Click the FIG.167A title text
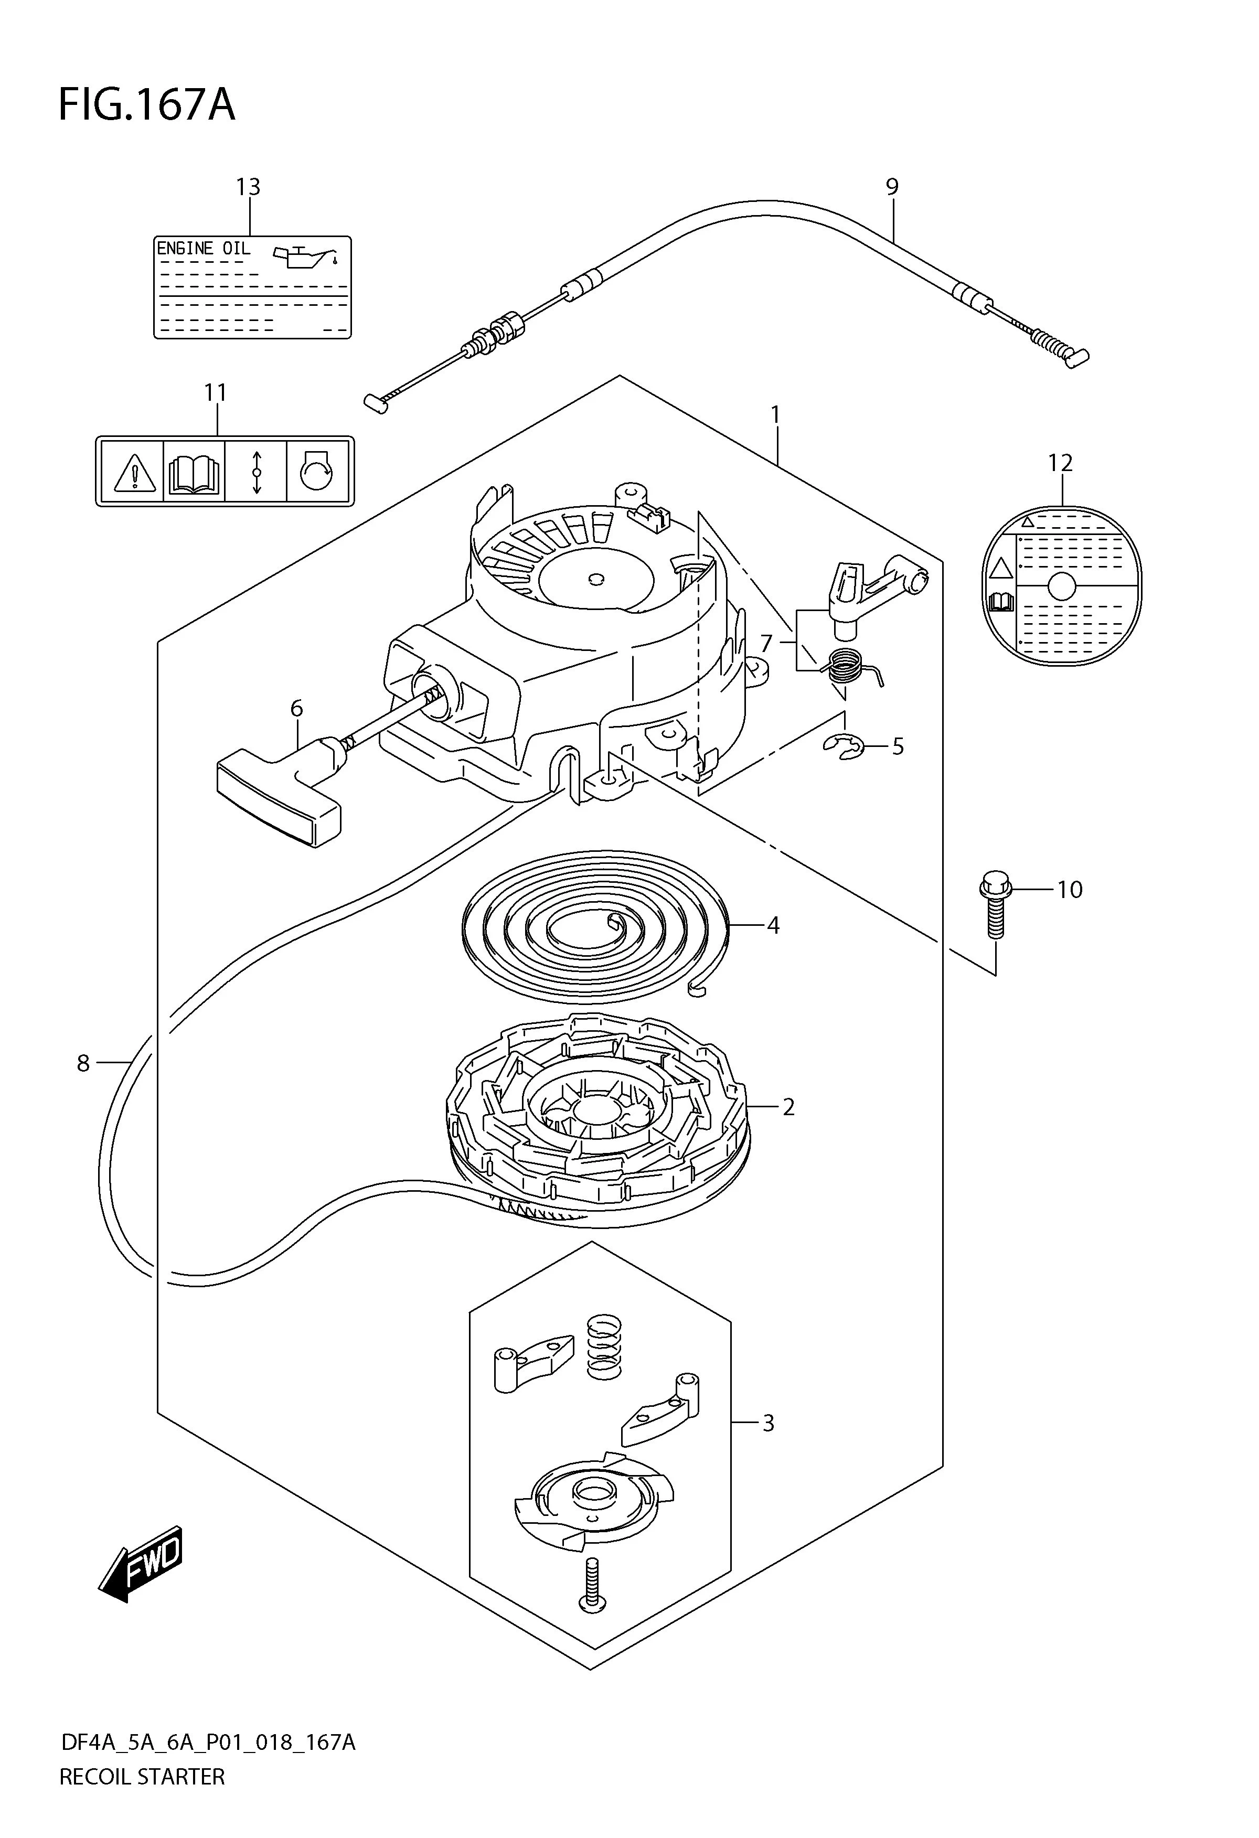pos(147,105)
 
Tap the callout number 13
pos(248,187)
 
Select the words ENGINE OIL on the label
pos(203,248)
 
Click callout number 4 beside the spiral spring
pos(773,925)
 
